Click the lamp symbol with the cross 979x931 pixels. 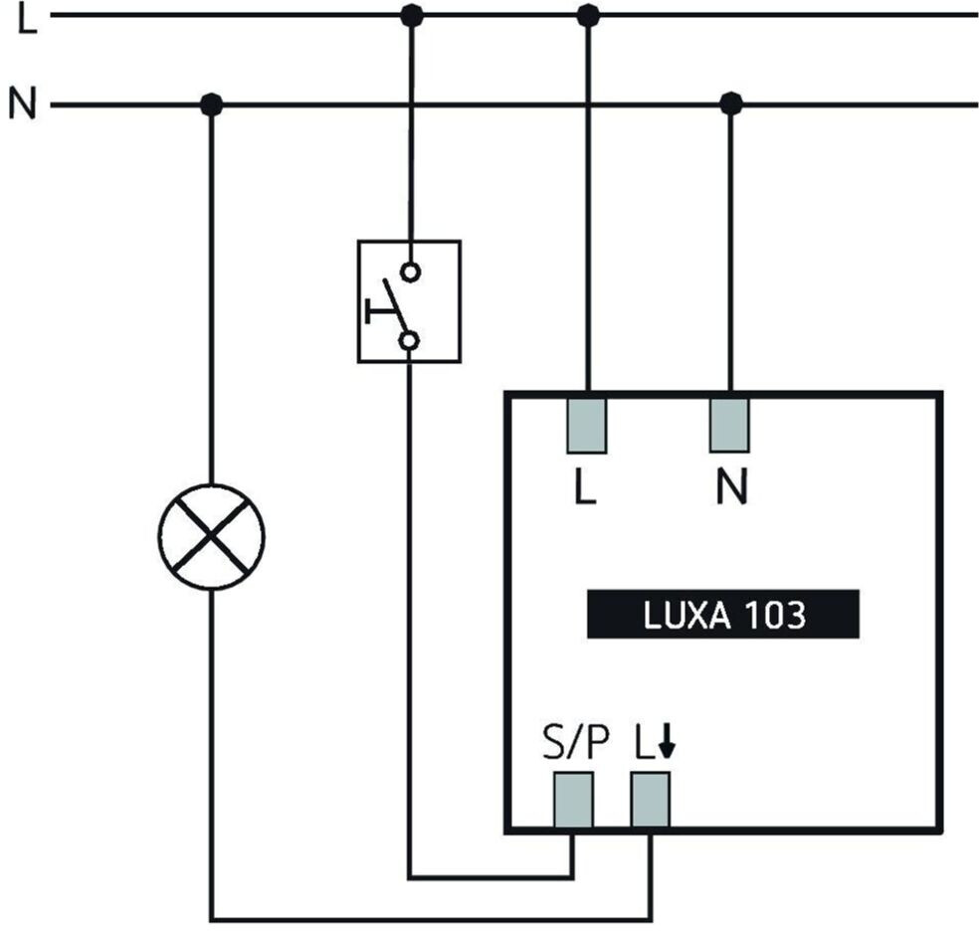pos(211,536)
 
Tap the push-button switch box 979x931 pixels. pos(409,300)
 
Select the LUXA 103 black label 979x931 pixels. pos(722,616)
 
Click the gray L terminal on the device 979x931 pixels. pos(586,425)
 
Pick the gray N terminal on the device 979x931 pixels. pos(729,425)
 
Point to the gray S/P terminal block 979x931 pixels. pos(573,800)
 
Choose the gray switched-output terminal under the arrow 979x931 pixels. pos(651,800)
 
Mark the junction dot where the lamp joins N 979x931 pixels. pos(210,103)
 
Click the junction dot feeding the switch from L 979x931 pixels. pos(410,15)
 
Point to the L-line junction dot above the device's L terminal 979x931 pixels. pos(588,15)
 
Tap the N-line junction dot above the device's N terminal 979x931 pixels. pos(731,103)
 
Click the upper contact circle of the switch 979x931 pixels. pos(410,271)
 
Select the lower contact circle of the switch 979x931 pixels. pos(409,341)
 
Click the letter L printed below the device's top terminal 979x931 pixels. pos(585,487)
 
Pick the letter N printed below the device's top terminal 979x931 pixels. pos(730,487)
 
